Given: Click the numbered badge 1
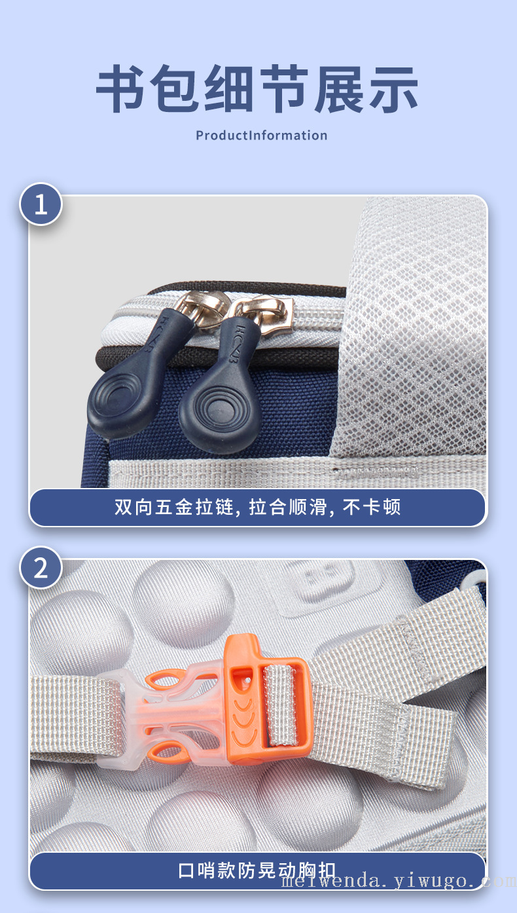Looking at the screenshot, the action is point(41,204).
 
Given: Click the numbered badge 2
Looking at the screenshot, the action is point(41,568).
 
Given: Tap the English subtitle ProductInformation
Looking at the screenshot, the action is point(262,136).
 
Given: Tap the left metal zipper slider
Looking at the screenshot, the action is point(202,308).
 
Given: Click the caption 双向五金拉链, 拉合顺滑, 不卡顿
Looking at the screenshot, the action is point(257,507).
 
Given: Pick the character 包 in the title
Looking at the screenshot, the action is point(175,88).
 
